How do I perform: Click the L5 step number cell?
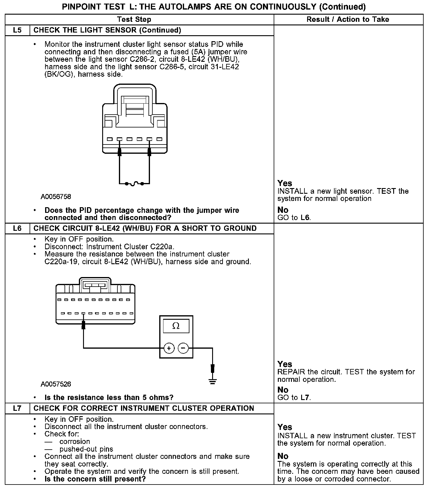17,30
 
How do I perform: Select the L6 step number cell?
17,228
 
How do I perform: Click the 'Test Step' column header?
134,19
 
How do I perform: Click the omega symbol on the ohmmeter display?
176,326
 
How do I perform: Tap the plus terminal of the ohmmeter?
169,348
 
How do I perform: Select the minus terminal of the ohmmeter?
183,348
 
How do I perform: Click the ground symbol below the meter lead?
212,382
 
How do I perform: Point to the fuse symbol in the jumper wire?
134,183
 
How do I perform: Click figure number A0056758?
56,196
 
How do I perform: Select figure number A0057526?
56,384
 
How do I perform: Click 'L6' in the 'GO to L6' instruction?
305,218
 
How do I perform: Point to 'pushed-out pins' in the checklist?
86,449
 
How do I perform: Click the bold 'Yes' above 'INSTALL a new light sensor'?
285,183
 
